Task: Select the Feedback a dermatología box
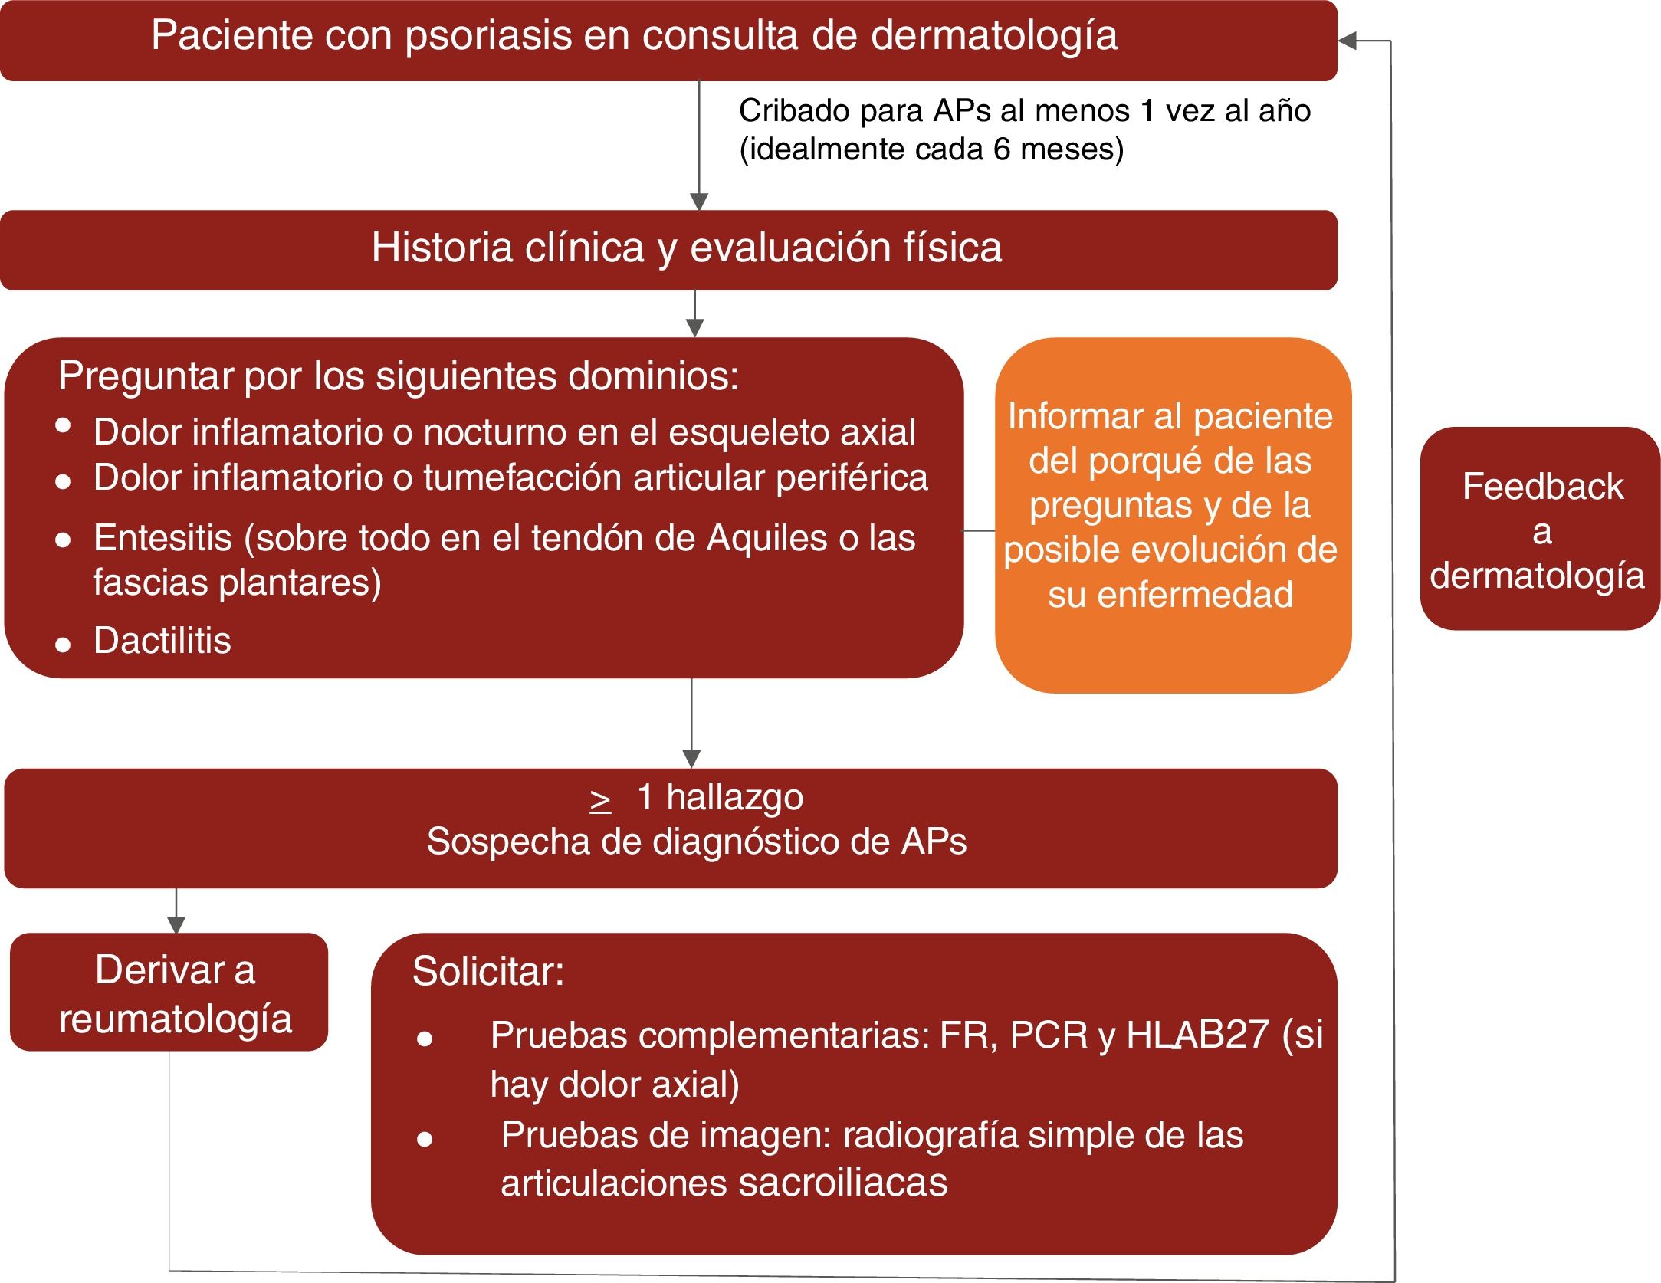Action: pyautogui.click(x=1539, y=529)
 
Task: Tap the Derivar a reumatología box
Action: pyautogui.click(x=169, y=992)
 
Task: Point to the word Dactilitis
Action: pyautogui.click(x=162, y=640)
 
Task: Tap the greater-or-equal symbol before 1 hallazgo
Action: pyautogui.click(x=600, y=799)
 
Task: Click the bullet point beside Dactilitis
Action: pyautogui.click(x=63, y=645)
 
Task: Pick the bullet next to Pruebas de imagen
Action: pyautogui.click(x=425, y=1140)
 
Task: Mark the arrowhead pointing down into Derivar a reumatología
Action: pyautogui.click(x=176, y=924)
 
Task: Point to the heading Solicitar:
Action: pyautogui.click(x=487, y=972)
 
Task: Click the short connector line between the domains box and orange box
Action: pyautogui.click(x=979, y=530)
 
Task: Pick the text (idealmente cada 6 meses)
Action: pyautogui.click(x=931, y=149)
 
